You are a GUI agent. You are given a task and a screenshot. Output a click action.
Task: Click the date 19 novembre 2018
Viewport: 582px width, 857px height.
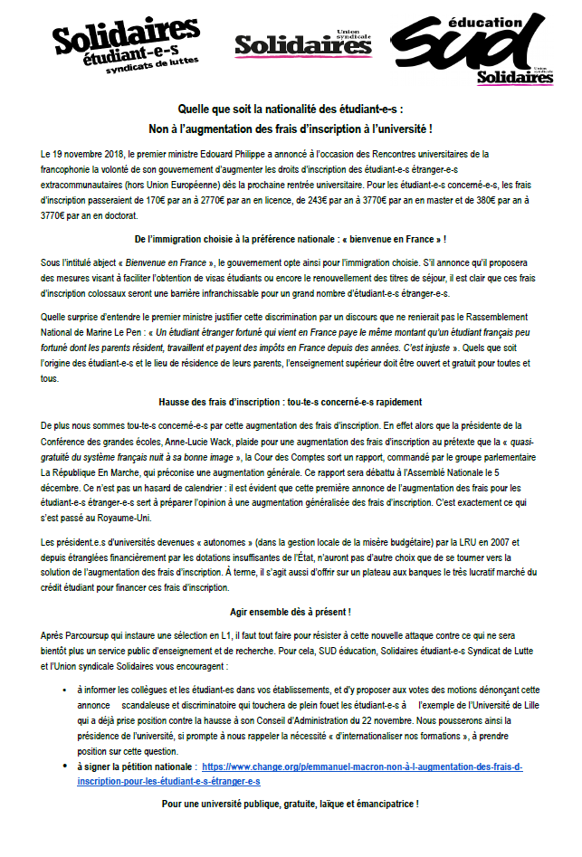[x=87, y=155]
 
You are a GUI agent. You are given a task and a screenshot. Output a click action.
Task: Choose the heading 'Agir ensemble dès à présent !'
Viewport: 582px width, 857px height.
[x=291, y=613]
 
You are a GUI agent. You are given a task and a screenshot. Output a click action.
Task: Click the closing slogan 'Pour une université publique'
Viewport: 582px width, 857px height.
[x=291, y=804]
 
